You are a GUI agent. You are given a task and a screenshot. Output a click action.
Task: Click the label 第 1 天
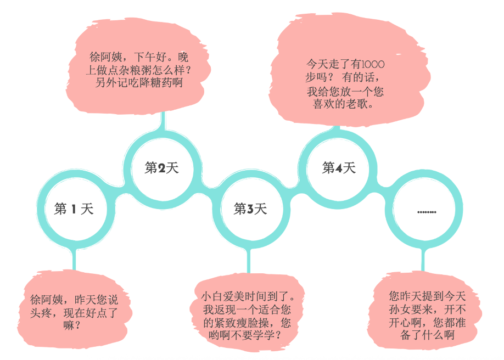[x=74, y=209]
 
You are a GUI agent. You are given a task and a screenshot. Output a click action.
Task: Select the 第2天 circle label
[x=161, y=168]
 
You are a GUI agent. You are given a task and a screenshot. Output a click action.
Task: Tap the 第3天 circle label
[x=250, y=209]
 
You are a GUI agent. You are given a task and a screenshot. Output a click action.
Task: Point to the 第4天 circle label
[x=339, y=168]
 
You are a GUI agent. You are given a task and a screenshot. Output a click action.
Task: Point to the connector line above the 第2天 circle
[x=162, y=122]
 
